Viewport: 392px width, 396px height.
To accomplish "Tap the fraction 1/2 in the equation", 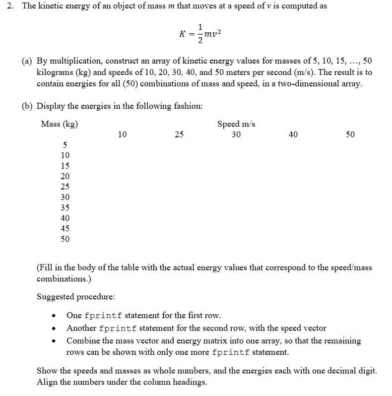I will click(x=200, y=34).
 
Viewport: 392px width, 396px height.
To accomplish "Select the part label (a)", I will click(x=27, y=61).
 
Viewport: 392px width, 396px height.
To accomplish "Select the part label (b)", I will click(x=27, y=106).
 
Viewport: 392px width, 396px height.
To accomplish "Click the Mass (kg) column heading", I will click(x=59, y=124).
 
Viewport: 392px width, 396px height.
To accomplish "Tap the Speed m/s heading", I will click(x=236, y=124).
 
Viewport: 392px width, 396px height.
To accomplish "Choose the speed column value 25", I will click(x=179, y=134).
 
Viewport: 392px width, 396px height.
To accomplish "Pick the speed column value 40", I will click(x=293, y=134).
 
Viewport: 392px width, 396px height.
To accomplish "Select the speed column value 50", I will click(x=350, y=134).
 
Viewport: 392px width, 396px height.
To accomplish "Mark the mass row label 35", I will click(x=65, y=207).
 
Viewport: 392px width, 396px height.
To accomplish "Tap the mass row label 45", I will click(x=65, y=228).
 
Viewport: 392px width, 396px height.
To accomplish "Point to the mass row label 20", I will click(x=65, y=176).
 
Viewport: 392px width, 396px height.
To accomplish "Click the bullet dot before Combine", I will click(x=55, y=341).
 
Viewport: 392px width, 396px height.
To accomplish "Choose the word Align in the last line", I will click(x=47, y=382).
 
